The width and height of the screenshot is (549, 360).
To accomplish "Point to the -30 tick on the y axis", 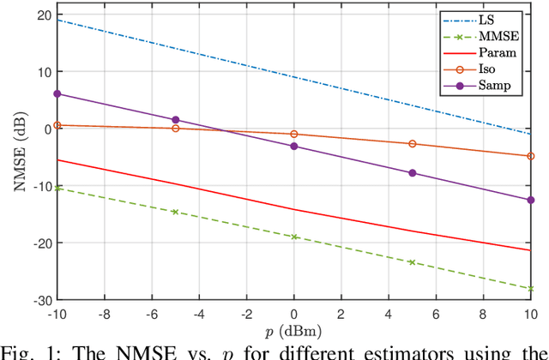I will click(x=40, y=300).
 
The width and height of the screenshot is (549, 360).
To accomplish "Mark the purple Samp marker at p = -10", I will click(x=57, y=93).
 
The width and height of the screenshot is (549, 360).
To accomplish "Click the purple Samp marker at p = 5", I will click(x=413, y=173).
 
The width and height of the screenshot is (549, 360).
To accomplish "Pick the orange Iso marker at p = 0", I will click(x=294, y=134).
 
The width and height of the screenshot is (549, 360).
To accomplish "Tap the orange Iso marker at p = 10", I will click(x=531, y=156).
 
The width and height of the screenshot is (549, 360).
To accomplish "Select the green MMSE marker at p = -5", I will click(x=176, y=212).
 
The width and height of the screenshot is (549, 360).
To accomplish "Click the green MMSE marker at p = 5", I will click(x=413, y=262).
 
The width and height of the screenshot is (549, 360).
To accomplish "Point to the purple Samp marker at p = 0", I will click(x=294, y=147).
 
